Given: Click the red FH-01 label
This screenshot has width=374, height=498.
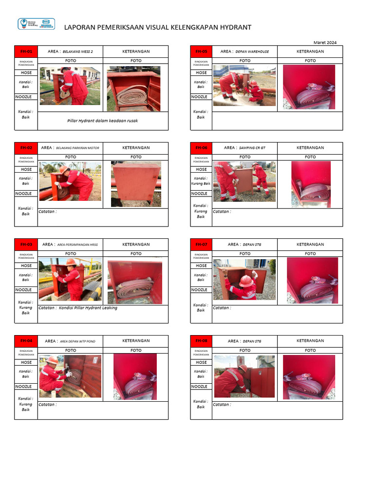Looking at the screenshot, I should click(26, 52).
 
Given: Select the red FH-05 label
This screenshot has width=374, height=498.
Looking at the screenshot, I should click(201, 52).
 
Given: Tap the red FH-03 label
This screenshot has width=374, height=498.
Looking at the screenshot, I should click(26, 245).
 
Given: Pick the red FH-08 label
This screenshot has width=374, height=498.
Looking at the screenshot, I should click(201, 341).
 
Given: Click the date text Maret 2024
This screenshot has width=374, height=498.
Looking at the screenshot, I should click(325, 42).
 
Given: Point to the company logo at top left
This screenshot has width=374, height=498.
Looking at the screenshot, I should click(36, 24).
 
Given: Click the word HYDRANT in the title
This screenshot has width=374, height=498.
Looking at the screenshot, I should click(236, 27).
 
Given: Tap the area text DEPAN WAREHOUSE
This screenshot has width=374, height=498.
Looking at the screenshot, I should click(252, 52).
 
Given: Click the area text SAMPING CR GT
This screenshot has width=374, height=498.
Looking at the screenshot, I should click(252, 148).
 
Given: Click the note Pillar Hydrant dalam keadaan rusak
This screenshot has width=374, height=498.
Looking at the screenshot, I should click(102, 121).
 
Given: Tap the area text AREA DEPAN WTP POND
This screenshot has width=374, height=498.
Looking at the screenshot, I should click(77, 341).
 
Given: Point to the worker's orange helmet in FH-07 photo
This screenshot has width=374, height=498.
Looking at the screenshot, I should click(246, 281).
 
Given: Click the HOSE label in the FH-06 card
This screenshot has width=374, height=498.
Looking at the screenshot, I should click(201, 169).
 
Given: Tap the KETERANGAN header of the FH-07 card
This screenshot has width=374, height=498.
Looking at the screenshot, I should click(310, 245).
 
